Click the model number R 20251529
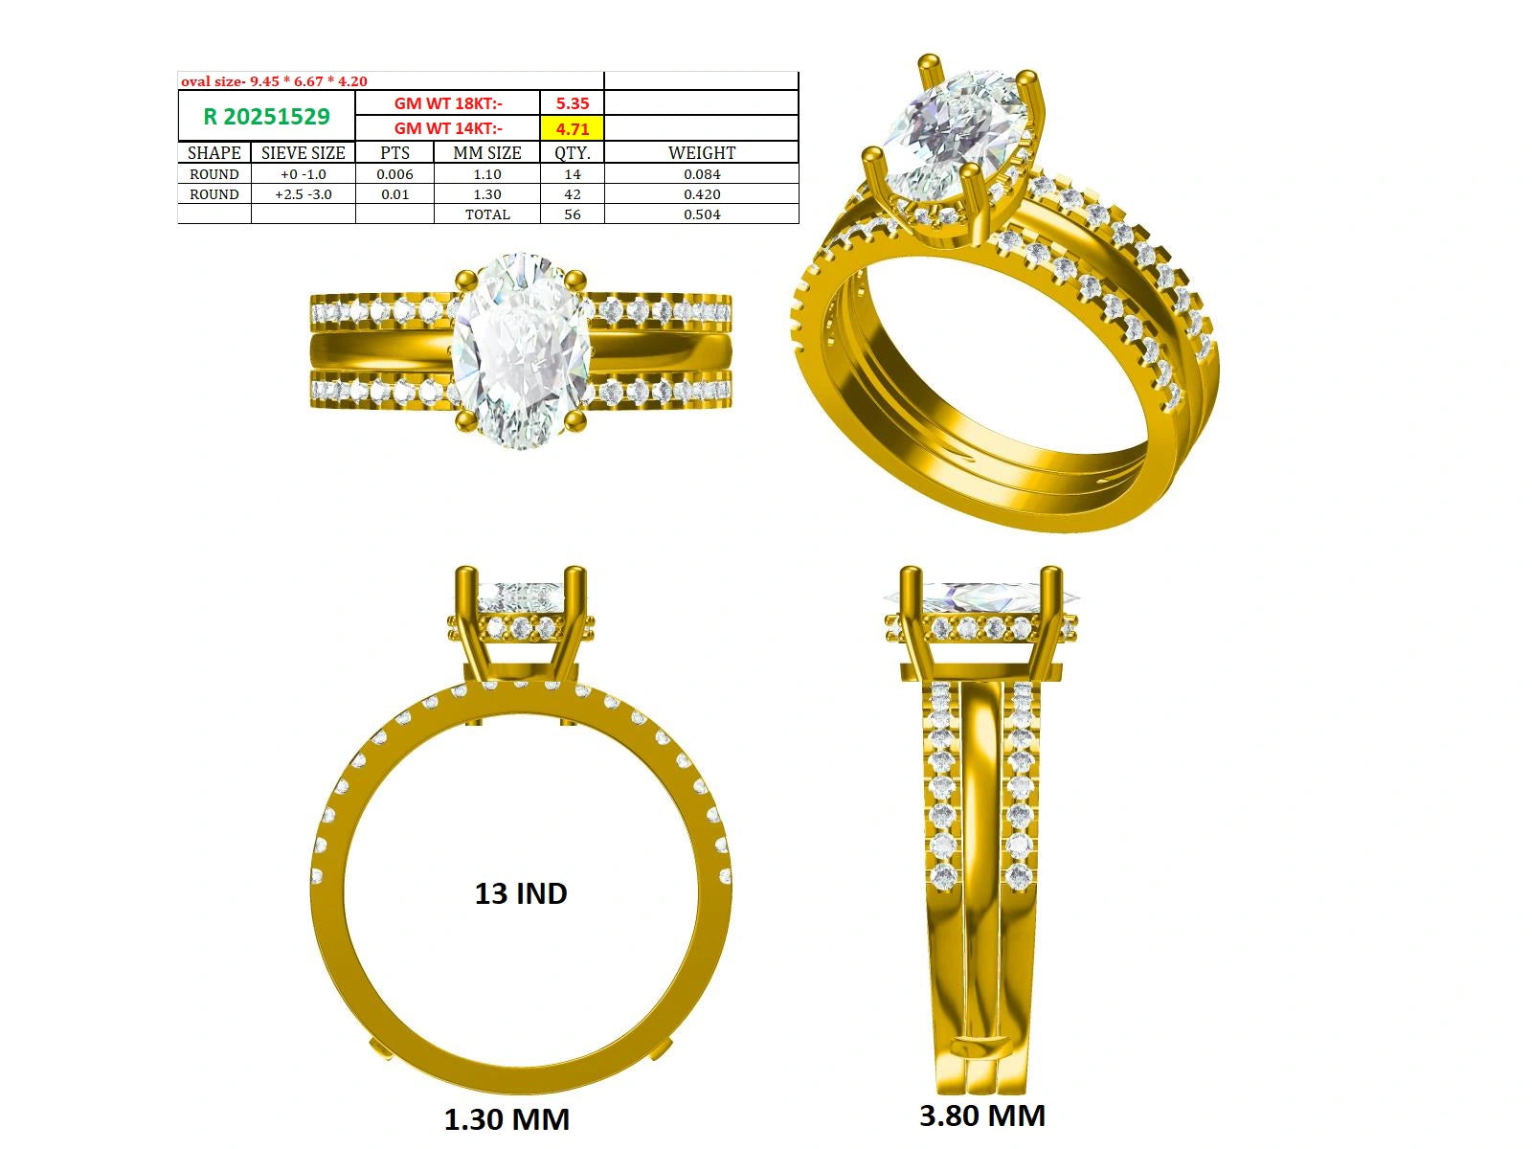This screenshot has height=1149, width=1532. (266, 117)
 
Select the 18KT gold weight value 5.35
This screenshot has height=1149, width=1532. (573, 103)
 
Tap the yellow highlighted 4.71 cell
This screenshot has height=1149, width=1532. (573, 128)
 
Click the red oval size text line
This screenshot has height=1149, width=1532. (274, 81)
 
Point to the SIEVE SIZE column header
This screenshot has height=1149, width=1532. (303, 153)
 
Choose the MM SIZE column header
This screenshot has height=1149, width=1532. (487, 153)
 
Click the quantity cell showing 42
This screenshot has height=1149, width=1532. (573, 194)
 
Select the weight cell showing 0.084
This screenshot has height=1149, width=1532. (702, 173)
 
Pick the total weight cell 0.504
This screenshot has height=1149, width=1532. (702, 214)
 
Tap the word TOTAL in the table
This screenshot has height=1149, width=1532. (487, 214)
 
